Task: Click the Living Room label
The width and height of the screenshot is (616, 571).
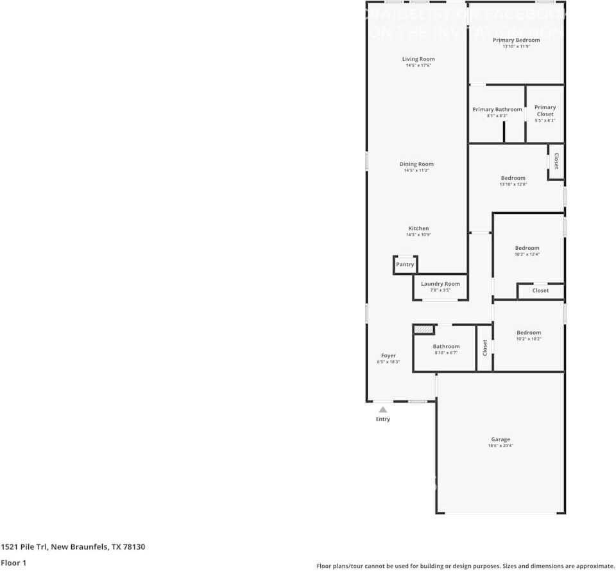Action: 418,59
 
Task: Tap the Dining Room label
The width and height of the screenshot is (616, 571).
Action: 416,164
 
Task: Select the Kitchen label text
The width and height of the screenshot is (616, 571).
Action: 418,229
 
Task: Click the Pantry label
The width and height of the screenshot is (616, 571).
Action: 405,265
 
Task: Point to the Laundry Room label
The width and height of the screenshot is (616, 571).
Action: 440,284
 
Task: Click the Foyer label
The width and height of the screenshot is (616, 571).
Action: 388,356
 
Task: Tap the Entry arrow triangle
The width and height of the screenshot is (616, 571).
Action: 382,409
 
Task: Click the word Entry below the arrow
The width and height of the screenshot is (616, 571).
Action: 382,419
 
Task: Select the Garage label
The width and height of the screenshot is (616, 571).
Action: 501,440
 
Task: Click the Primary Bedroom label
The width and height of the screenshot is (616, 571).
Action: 516,40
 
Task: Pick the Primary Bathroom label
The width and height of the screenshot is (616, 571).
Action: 497,110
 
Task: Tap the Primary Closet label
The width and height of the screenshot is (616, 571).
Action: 545,110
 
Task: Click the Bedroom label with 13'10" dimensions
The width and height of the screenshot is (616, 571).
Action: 513,178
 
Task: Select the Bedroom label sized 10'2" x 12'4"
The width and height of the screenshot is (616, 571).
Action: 527,248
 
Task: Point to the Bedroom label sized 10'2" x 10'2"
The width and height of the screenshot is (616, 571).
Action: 529,333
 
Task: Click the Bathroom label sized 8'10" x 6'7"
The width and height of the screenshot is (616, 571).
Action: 446,347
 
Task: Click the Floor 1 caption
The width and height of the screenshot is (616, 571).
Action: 13,563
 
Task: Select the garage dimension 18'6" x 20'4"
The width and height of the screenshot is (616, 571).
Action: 501,446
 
